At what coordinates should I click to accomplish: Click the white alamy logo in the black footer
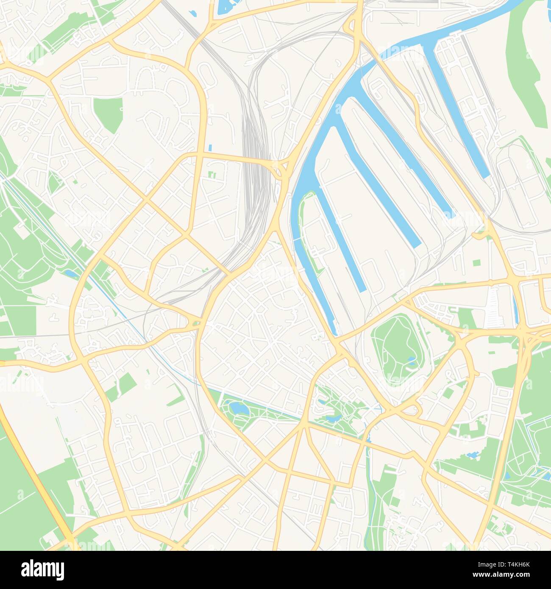pos(43,569)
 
